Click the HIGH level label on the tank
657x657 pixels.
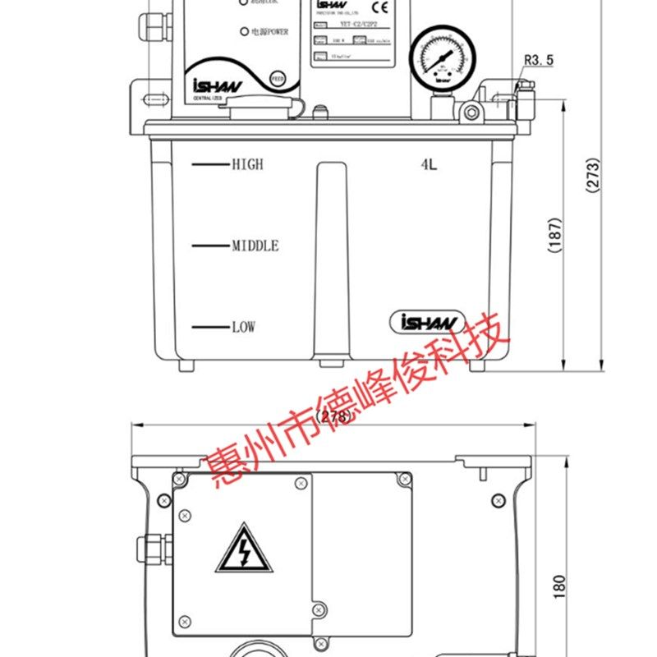pos(247,164)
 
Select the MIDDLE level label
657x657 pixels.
pos(255,246)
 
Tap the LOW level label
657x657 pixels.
pos(243,327)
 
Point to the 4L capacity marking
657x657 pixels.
pos(429,165)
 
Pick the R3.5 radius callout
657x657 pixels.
pos(539,59)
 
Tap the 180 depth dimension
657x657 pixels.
pos(560,585)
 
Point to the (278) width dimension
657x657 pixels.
pos(333,416)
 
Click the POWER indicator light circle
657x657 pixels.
pos(243,32)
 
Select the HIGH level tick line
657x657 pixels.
pos(209,164)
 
